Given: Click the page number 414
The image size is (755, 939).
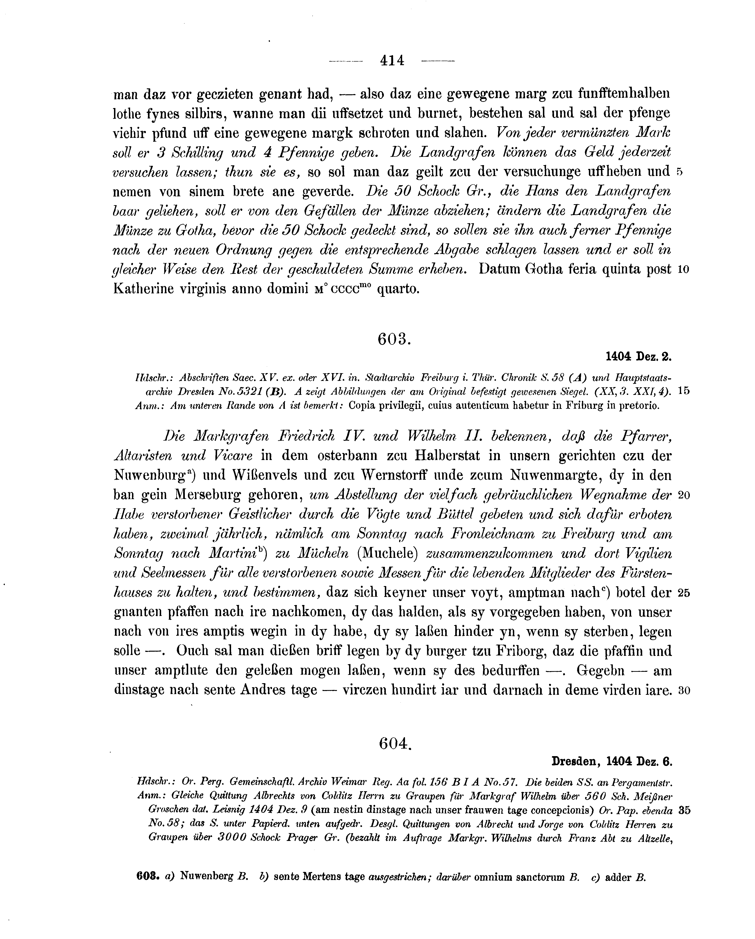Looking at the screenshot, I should pos(392,60).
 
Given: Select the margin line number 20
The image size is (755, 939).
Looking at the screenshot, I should pos(683,496).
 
